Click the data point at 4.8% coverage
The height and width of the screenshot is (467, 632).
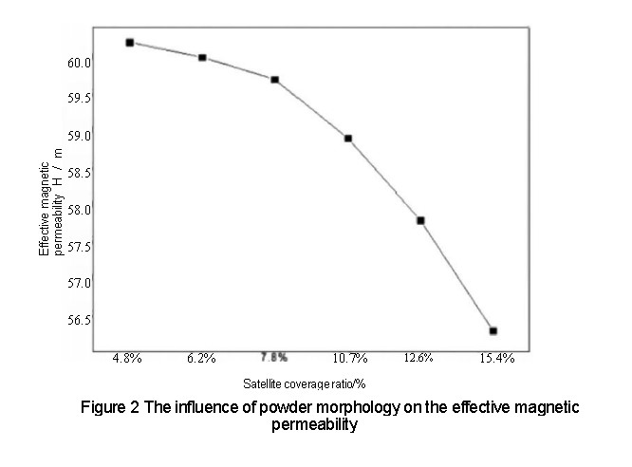(x=129, y=43)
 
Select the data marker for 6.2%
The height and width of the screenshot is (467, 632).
(x=202, y=58)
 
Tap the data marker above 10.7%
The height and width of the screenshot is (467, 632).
(x=348, y=139)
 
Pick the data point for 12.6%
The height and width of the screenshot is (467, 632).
(x=420, y=220)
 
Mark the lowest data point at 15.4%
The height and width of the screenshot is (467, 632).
(x=493, y=330)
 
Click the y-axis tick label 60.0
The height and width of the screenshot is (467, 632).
(x=79, y=63)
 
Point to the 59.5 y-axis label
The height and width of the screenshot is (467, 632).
(x=79, y=99)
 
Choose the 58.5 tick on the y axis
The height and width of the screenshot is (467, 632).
(x=79, y=173)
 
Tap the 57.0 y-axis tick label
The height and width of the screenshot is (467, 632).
(x=79, y=283)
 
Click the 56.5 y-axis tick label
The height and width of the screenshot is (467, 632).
(x=79, y=320)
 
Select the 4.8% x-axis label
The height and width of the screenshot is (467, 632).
(x=127, y=358)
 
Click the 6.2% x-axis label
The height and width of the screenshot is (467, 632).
(x=201, y=358)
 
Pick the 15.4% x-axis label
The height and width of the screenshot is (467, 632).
(x=496, y=358)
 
